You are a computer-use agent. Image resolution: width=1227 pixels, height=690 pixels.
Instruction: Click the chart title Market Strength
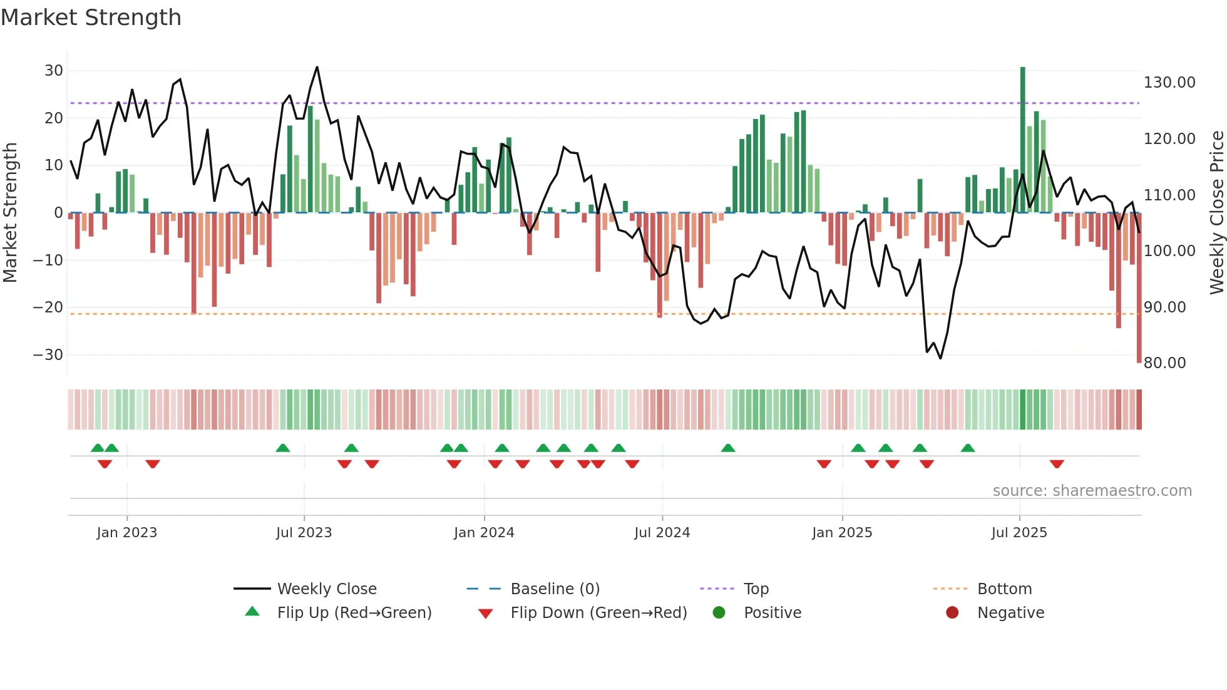pos(91,18)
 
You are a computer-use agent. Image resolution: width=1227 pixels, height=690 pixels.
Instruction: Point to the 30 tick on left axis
pos(54,71)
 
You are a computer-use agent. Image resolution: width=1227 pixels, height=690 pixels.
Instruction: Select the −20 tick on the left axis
pos(48,307)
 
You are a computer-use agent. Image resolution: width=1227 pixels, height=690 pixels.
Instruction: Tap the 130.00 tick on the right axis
pos(1169,83)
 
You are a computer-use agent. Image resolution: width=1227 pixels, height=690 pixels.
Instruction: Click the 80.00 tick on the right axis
pos(1164,363)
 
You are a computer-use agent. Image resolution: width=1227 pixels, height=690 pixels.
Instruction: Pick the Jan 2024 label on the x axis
pos(484,533)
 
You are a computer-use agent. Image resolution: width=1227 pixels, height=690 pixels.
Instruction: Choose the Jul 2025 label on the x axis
pos(1019,533)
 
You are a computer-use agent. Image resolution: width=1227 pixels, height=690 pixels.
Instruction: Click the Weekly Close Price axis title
pos(1216,213)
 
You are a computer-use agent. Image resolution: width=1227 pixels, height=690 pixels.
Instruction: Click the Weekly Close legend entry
pos(326,589)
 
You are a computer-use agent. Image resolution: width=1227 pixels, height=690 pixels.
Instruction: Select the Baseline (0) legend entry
pos(555,589)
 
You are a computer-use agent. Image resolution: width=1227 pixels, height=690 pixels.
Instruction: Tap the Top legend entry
pos(756,589)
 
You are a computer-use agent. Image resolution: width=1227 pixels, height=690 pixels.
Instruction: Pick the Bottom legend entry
pos(1004,589)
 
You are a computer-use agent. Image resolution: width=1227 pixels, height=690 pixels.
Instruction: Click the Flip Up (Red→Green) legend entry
pos(354,613)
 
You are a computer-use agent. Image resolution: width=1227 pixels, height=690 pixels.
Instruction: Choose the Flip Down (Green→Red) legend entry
pos(598,613)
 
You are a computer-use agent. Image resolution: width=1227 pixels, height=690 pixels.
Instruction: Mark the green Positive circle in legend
pos(719,613)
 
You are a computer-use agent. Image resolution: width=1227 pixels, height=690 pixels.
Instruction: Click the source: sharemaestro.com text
pos(1092,491)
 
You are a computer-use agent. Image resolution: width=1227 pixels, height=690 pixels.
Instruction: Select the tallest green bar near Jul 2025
pos(1022,138)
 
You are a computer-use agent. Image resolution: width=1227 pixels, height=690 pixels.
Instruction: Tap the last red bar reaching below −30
pos(1139,288)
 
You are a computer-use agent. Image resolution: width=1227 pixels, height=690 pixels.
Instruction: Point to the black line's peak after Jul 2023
pos(317,68)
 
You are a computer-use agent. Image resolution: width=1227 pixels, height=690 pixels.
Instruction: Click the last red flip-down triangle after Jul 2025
pos(1057,464)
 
